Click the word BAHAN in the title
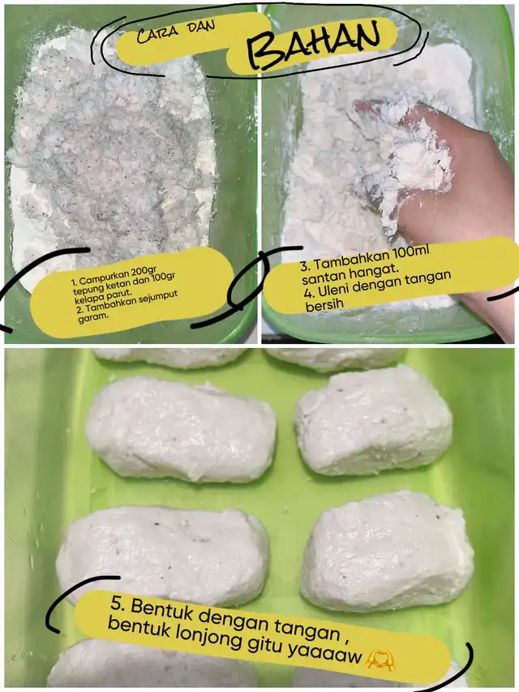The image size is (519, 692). click(x=312, y=44)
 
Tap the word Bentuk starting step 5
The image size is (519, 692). click(x=161, y=609)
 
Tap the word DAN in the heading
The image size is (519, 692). click(x=201, y=27)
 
